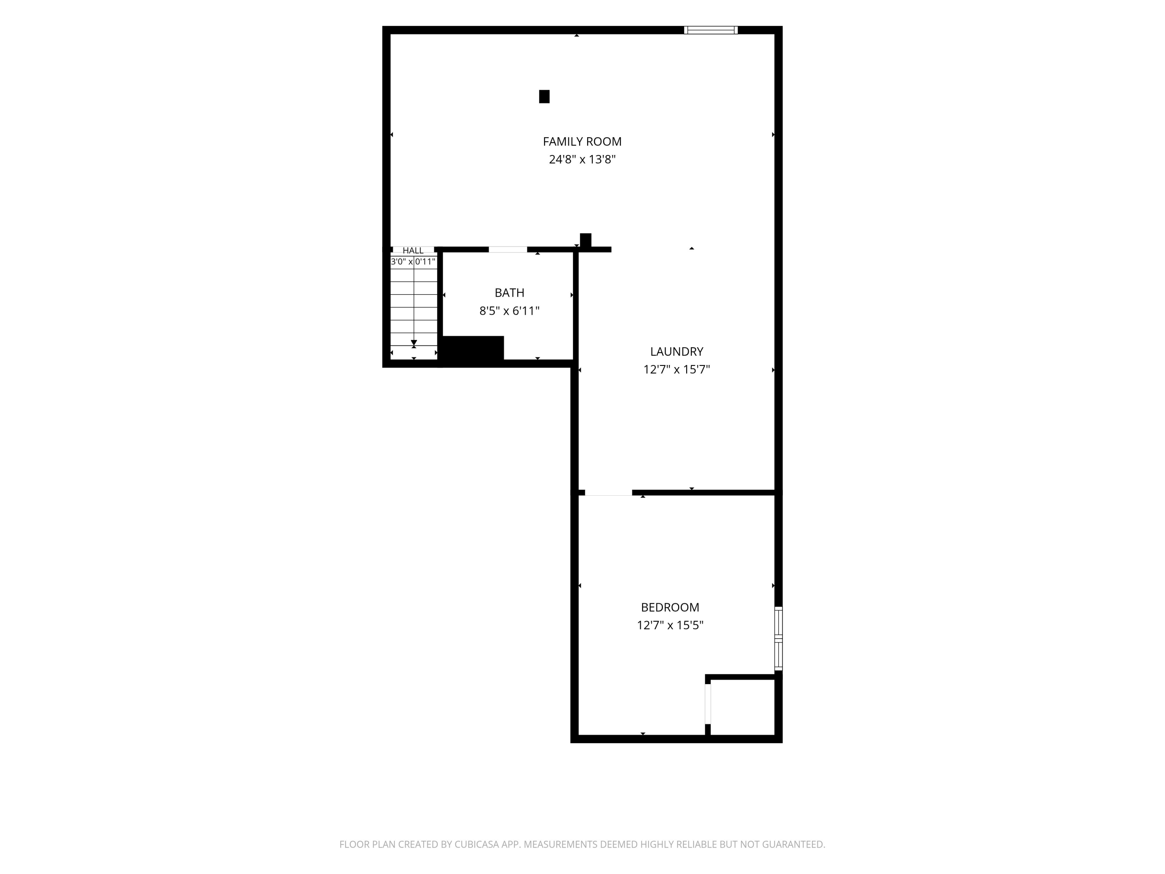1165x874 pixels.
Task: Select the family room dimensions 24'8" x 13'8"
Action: click(x=582, y=159)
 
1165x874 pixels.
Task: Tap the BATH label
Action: click(x=509, y=292)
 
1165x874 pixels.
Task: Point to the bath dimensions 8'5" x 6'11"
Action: click(x=509, y=311)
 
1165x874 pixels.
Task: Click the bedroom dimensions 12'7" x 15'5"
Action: click(x=670, y=625)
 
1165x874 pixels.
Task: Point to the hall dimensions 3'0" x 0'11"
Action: click(x=413, y=261)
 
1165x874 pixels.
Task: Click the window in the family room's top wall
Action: click(x=711, y=30)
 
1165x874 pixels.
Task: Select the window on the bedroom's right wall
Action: click(x=779, y=639)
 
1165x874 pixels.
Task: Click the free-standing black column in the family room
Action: click(x=544, y=96)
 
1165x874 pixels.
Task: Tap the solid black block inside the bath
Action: click(x=473, y=348)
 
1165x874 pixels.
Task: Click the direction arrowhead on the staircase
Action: click(x=414, y=343)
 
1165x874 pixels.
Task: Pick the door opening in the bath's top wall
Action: click(x=508, y=249)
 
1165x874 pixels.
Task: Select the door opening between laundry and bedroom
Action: click(x=608, y=493)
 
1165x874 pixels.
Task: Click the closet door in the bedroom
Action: click(x=708, y=703)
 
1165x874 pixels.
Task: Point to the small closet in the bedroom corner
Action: click(x=742, y=707)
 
